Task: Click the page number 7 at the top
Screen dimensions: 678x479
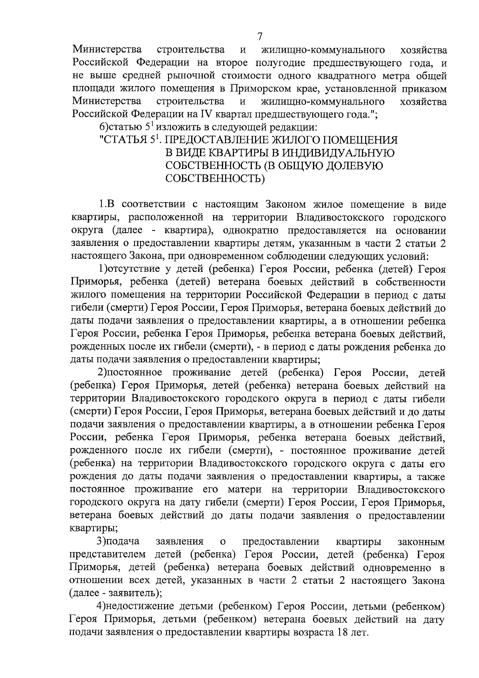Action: pyautogui.click(x=260, y=37)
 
